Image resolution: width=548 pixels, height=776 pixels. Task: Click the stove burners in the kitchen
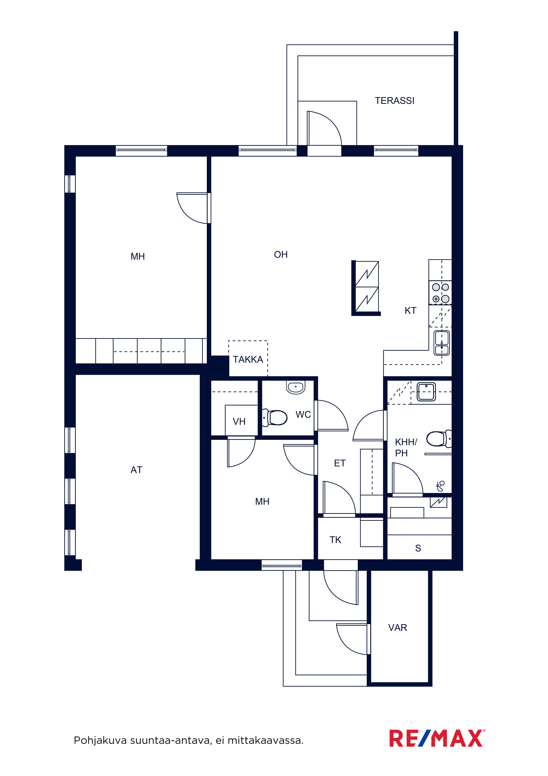coord(440,293)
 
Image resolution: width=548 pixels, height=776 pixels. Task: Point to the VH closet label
coord(239,421)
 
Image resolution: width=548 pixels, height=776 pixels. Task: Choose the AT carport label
coord(136,470)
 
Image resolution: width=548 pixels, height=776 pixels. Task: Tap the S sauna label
coord(418,548)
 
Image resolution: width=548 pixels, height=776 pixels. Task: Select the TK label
coord(335,540)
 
